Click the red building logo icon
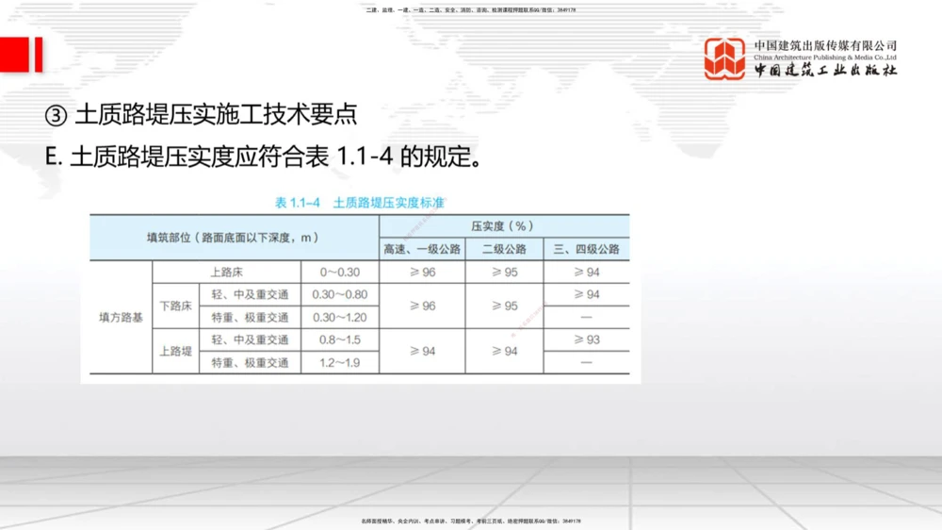pyautogui.click(x=724, y=58)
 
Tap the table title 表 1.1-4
pyautogui.click(x=298, y=203)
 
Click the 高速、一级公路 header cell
pyautogui.click(x=422, y=250)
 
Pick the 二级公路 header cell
pyautogui.click(x=504, y=250)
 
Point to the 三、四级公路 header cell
pyautogui.click(x=586, y=250)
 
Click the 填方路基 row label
pyautogui.click(x=121, y=318)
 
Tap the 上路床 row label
pyautogui.click(x=227, y=273)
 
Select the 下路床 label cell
pyautogui.click(x=175, y=306)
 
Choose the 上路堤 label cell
pyautogui.click(x=175, y=351)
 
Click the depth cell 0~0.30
pyautogui.click(x=339, y=273)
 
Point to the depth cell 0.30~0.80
pyautogui.click(x=339, y=295)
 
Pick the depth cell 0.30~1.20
pyautogui.click(x=339, y=318)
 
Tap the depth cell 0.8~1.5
pyautogui.click(x=339, y=340)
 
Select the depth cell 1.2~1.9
pyautogui.click(x=339, y=362)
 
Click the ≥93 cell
pyautogui.click(x=586, y=340)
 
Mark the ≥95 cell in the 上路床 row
pyautogui.click(x=504, y=273)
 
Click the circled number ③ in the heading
pyautogui.click(x=56, y=115)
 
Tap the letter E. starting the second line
pyautogui.click(x=53, y=157)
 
